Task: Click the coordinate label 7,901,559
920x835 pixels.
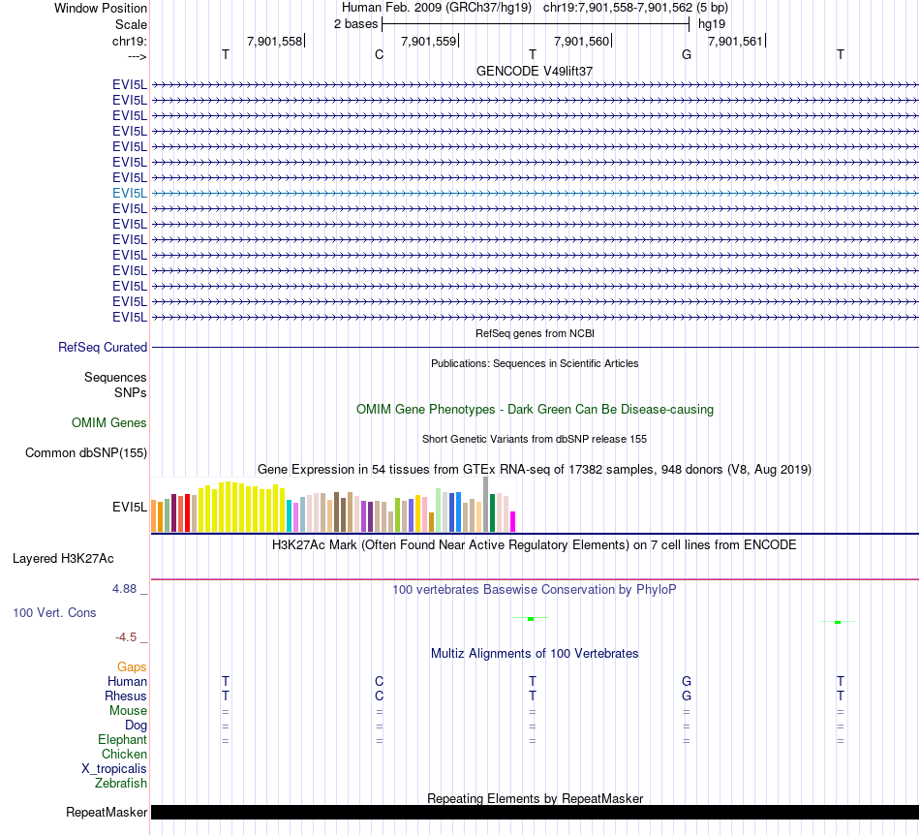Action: (x=428, y=41)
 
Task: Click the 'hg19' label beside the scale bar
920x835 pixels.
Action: (x=712, y=23)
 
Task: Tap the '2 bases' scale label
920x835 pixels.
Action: (x=355, y=23)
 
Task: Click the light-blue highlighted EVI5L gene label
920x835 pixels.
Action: (x=130, y=193)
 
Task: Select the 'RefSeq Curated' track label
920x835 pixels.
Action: (x=103, y=347)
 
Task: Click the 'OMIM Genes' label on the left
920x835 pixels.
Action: (x=109, y=422)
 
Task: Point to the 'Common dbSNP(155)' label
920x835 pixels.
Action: (x=86, y=452)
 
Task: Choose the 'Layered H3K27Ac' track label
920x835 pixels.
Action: (x=63, y=558)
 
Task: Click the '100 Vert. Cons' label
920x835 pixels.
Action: (x=54, y=612)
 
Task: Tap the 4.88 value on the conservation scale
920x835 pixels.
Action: (x=126, y=588)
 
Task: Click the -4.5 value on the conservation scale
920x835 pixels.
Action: (x=127, y=636)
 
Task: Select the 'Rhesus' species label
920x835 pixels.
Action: (x=126, y=696)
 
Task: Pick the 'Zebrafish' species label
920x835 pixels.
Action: (x=121, y=783)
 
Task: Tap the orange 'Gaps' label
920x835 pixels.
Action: (x=132, y=666)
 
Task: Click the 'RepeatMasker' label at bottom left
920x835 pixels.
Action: (x=107, y=812)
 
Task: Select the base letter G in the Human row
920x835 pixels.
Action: (x=687, y=681)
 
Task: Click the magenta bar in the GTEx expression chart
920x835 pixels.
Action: (x=513, y=521)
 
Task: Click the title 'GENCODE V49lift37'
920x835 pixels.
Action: (x=535, y=71)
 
